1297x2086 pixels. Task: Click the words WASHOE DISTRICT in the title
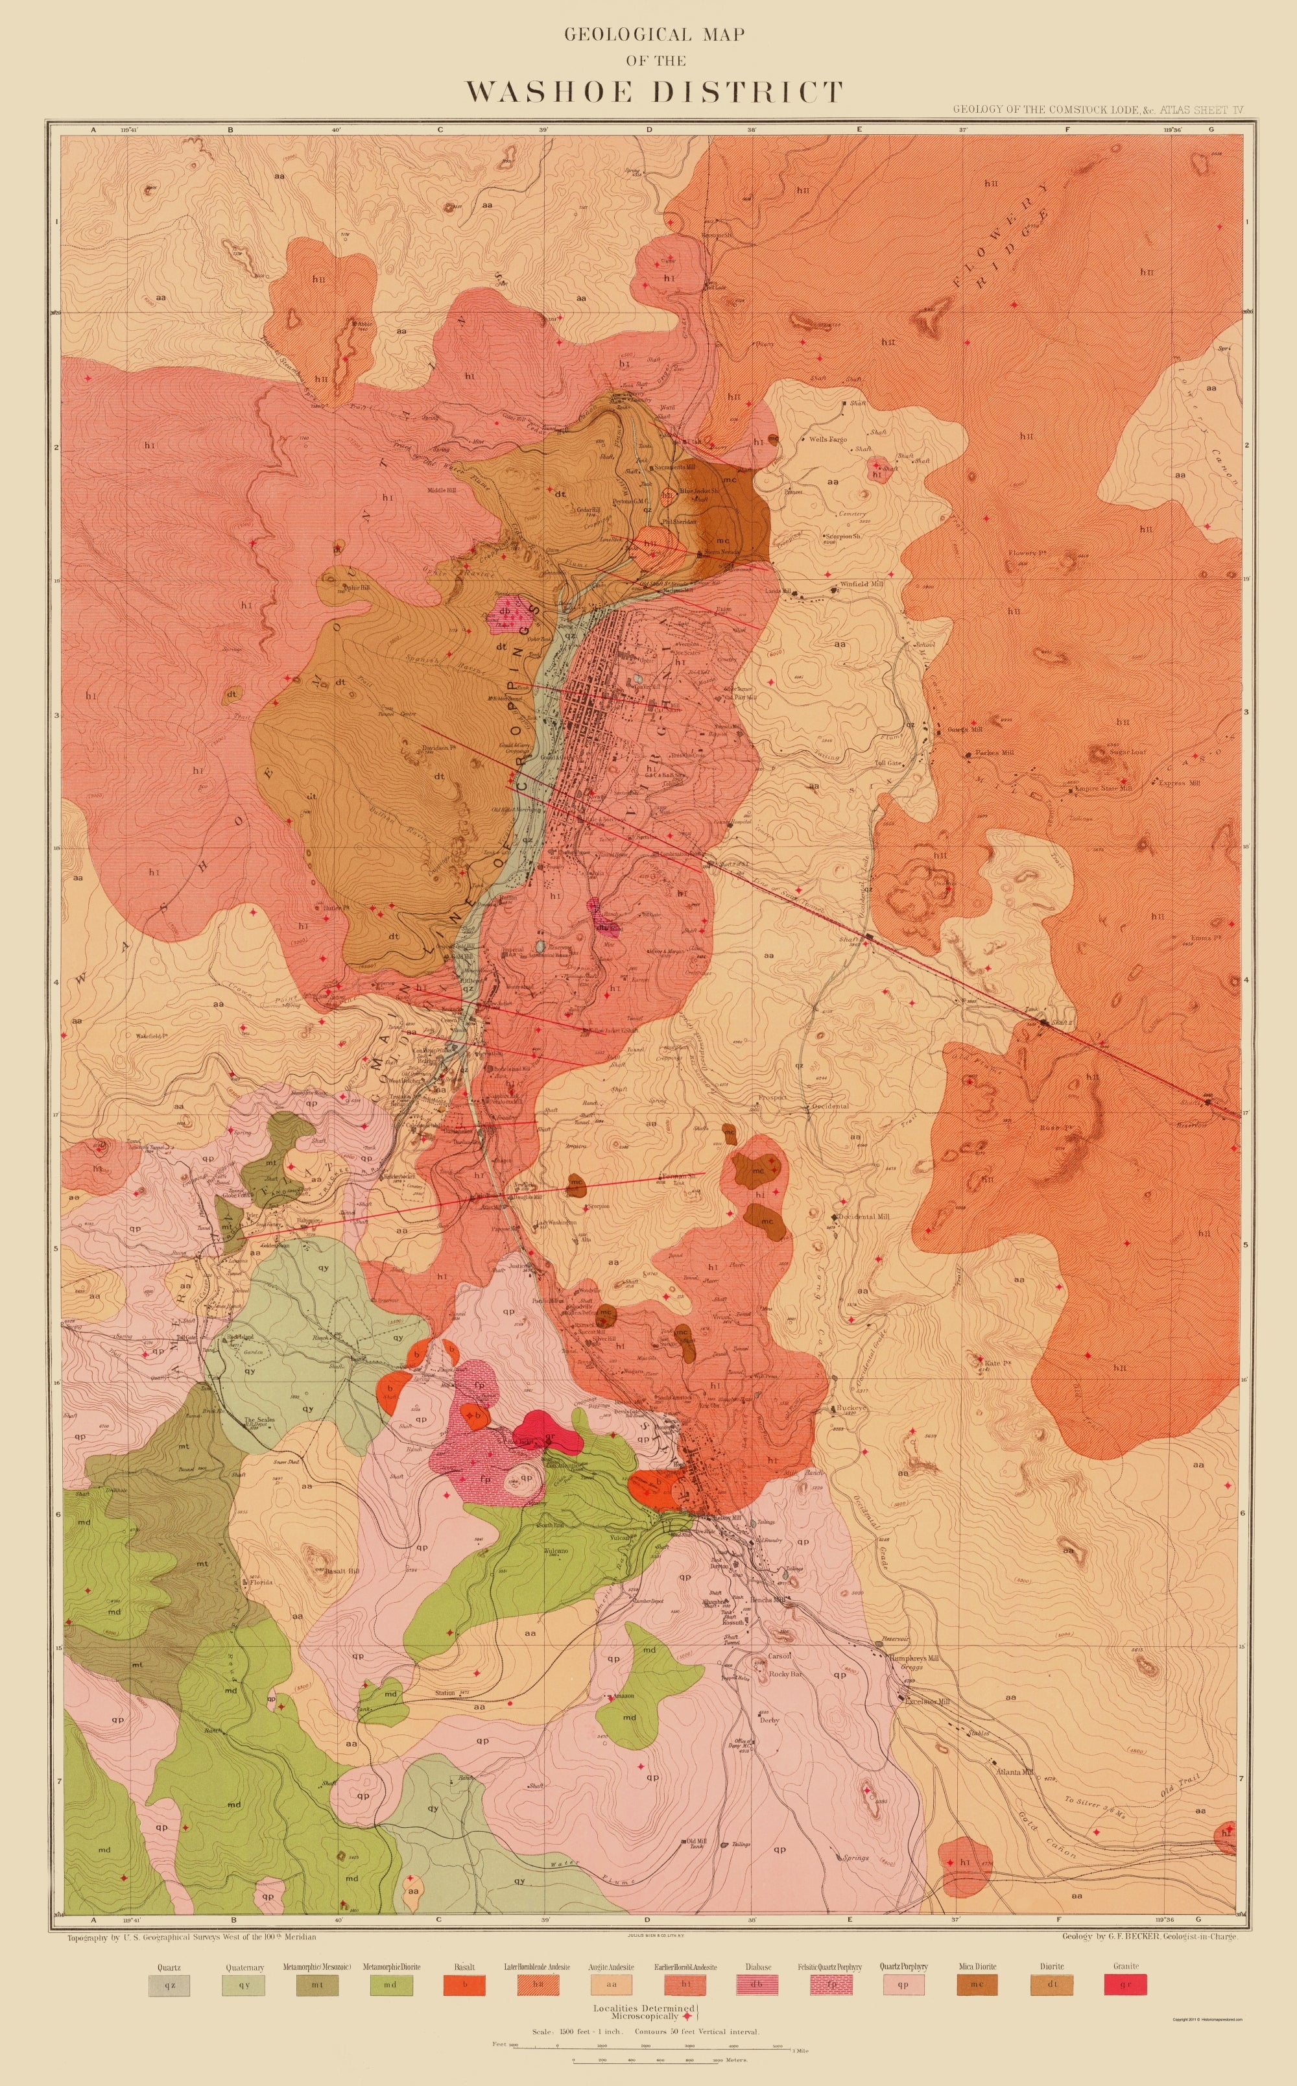click(x=654, y=91)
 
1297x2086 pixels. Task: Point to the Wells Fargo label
click(x=827, y=439)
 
